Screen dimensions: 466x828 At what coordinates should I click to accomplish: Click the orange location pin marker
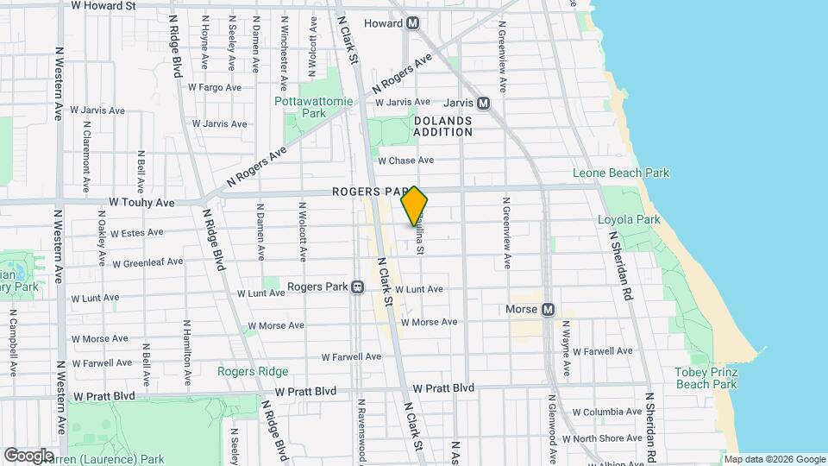[x=414, y=206]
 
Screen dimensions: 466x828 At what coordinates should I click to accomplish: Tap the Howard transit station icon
[x=414, y=23]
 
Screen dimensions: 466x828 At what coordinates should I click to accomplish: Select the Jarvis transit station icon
[x=483, y=103]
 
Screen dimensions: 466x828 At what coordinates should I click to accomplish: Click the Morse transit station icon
[x=547, y=310]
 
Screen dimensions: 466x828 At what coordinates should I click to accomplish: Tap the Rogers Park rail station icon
[x=356, y=287]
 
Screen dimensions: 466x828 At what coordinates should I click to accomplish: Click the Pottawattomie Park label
[x=313, y=107]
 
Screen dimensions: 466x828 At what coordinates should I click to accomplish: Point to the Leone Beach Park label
[x=621, y=173]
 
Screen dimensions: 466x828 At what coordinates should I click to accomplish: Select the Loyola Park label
[x=629, y=219]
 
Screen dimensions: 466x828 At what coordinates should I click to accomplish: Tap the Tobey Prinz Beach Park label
[x=706, y=378]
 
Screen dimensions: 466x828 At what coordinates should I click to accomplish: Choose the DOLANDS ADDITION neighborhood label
[x=442, y=126]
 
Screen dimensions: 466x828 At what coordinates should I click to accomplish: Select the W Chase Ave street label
[x=405, y=161]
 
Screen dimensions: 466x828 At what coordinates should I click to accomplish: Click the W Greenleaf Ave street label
[x=147, y=262]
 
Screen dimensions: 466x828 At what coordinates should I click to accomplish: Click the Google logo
[x=28, y=455]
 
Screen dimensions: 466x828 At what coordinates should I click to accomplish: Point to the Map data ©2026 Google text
[x=775, y=459]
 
